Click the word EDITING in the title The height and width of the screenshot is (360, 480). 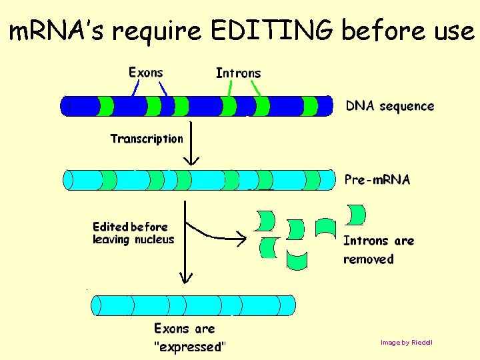tap(273, 31)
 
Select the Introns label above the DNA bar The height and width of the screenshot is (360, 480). tap(238, 73)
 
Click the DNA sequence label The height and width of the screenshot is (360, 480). tap(389, 106)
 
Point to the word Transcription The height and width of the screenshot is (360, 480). tap(146, 139)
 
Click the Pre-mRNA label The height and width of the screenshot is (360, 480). tap(377, 179)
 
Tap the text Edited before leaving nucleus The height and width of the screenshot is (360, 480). tap(133, 233)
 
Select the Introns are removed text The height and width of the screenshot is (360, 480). tap(378, 249)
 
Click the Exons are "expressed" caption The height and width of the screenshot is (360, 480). tap(189, 337)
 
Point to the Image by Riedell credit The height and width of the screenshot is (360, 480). tap(406, 343)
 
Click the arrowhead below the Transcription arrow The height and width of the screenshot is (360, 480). tap(191, 160)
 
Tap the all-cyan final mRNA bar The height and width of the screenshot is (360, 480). tap(193, 305)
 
